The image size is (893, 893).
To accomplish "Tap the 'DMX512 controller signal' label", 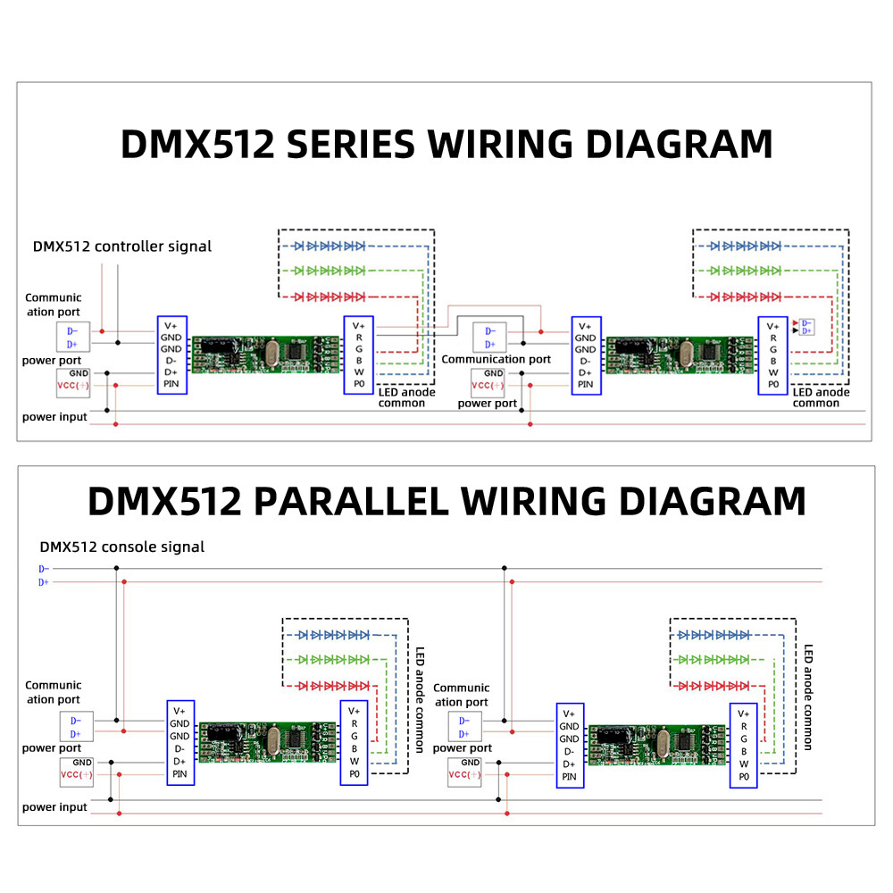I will point(122,246).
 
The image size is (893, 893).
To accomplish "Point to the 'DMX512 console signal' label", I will point(121,547).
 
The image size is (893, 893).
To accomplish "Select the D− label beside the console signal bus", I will point(44,569).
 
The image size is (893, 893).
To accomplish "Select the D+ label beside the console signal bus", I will point(44,582).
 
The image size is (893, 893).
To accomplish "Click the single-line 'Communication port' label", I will point(496,359).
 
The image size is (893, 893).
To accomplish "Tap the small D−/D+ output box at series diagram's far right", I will point(806,326).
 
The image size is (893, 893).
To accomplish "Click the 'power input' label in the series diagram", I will point(54,417).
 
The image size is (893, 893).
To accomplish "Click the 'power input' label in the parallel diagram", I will point(54,807).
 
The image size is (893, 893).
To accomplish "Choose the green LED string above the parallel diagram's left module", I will point(334,660).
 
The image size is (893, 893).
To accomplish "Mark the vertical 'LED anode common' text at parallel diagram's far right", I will point(808,697).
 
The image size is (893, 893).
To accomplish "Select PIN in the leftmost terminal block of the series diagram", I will point(171,384).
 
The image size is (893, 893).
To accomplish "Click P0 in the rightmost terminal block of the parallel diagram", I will point(741,777).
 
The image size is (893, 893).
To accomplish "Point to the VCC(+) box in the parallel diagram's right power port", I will point(464,775).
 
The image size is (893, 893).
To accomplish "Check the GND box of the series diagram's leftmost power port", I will point(79,372).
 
